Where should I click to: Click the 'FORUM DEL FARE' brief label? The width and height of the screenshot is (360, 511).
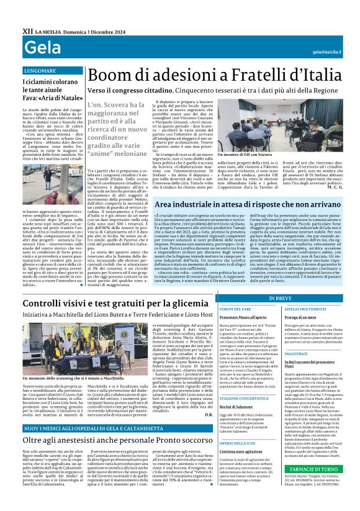[235, 309]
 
